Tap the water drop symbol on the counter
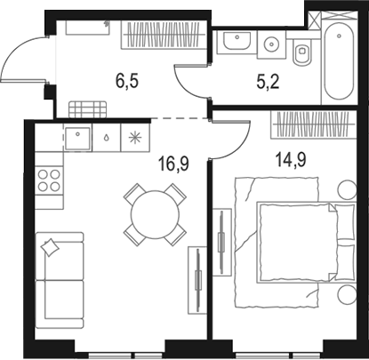coord(107,138)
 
